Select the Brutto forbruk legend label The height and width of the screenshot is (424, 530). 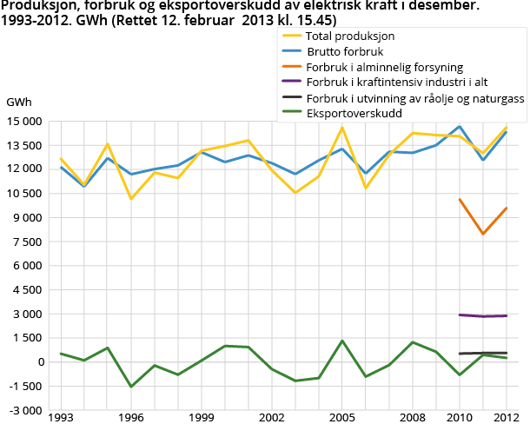click(x=346, y=51)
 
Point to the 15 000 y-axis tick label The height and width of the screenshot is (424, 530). click(x=23, y=121)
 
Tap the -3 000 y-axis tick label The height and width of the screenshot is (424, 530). click(x=23, y=410)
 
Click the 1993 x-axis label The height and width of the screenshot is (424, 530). click(x=61, y=417)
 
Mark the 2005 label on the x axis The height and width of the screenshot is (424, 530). click(x=341, y=417)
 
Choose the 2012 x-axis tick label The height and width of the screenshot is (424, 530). click(x=506, y=417)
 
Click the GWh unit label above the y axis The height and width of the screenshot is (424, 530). click(x=19, y=102)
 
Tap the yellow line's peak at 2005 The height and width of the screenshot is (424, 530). click(x=341, y=128)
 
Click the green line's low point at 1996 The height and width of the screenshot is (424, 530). click(x=131, y=387)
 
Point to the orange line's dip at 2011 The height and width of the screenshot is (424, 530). click(x=483, y=234)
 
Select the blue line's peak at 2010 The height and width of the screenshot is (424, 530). click(x=460, y=126)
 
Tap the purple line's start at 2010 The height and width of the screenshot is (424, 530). click(x=460, y=315)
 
